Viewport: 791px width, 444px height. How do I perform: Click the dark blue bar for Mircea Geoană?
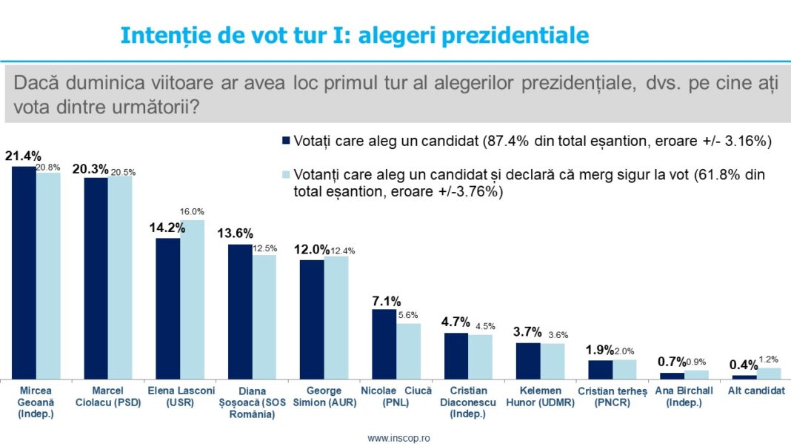point(24,272)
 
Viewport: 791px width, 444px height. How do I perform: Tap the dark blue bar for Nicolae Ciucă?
point(384,343)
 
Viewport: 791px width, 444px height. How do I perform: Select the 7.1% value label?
point(386,301)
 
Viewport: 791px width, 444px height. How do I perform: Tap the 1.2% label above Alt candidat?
point(770,359)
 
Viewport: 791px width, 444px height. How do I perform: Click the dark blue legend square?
point(286,141)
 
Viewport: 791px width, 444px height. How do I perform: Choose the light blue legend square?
point(286,176)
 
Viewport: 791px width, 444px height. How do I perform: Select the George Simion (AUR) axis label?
point(324,397)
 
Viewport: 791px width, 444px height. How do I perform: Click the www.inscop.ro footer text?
point(398,437)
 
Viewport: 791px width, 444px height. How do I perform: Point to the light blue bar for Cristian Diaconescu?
point(480,356)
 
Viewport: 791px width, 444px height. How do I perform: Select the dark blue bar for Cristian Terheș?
point(600,368)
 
